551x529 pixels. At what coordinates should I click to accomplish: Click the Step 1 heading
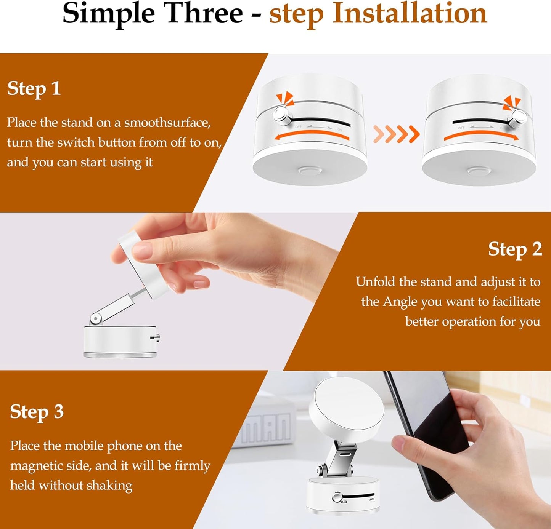34,89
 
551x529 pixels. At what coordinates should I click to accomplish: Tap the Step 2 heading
515,249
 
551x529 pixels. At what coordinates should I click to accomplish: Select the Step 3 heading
37,412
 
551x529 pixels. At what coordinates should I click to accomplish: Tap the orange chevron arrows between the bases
396,134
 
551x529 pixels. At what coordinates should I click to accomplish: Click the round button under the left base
310,169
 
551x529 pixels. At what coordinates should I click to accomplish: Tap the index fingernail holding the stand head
141,251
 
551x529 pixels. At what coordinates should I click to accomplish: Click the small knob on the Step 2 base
156,337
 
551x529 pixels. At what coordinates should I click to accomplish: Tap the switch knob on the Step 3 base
337,497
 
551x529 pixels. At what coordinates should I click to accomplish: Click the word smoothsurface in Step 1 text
167,123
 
